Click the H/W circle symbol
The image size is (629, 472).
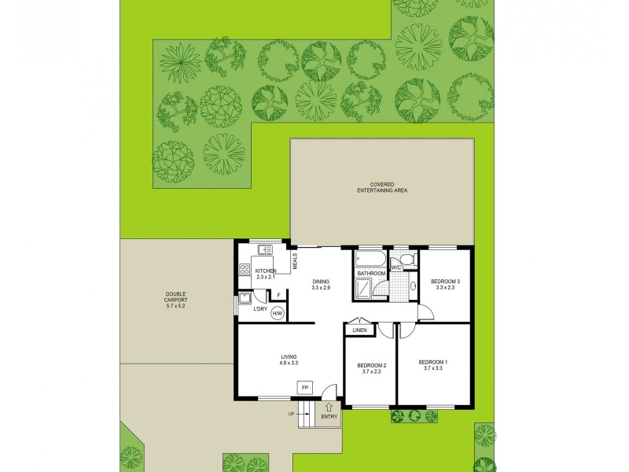tap(277, 313)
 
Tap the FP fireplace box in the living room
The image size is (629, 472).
tap(303, 387)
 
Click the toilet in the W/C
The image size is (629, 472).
tap(406, 259)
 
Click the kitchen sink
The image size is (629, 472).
tap(263, 251)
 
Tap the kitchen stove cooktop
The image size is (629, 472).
tap(244, 271)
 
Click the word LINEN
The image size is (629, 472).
tap(359, 330)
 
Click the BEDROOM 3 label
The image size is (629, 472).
tap(446, 282)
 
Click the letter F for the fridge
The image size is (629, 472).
tap(279, 295)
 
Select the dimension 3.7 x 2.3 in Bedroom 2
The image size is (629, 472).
tap(370, 372)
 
